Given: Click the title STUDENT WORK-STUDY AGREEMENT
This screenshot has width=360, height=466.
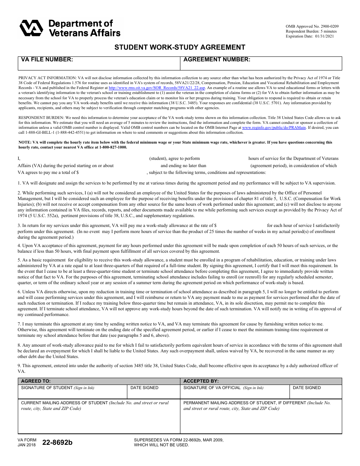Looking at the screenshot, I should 180,47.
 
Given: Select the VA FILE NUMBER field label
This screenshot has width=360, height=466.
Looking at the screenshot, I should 47,59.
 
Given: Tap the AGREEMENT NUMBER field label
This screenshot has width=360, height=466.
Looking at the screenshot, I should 217,59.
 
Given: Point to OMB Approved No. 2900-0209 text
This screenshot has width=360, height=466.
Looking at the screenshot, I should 312,26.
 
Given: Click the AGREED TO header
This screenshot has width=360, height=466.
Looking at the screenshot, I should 36,381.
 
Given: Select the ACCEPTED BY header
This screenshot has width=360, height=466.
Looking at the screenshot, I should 201,381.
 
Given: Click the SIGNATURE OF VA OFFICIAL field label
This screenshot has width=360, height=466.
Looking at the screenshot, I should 223,388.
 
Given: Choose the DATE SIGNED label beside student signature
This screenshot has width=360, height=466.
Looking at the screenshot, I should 144,388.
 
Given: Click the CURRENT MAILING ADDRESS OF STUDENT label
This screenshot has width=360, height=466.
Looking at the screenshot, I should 64,403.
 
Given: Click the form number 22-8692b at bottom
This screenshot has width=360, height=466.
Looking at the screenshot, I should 57,443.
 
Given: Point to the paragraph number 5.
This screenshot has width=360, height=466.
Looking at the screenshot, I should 19,260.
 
